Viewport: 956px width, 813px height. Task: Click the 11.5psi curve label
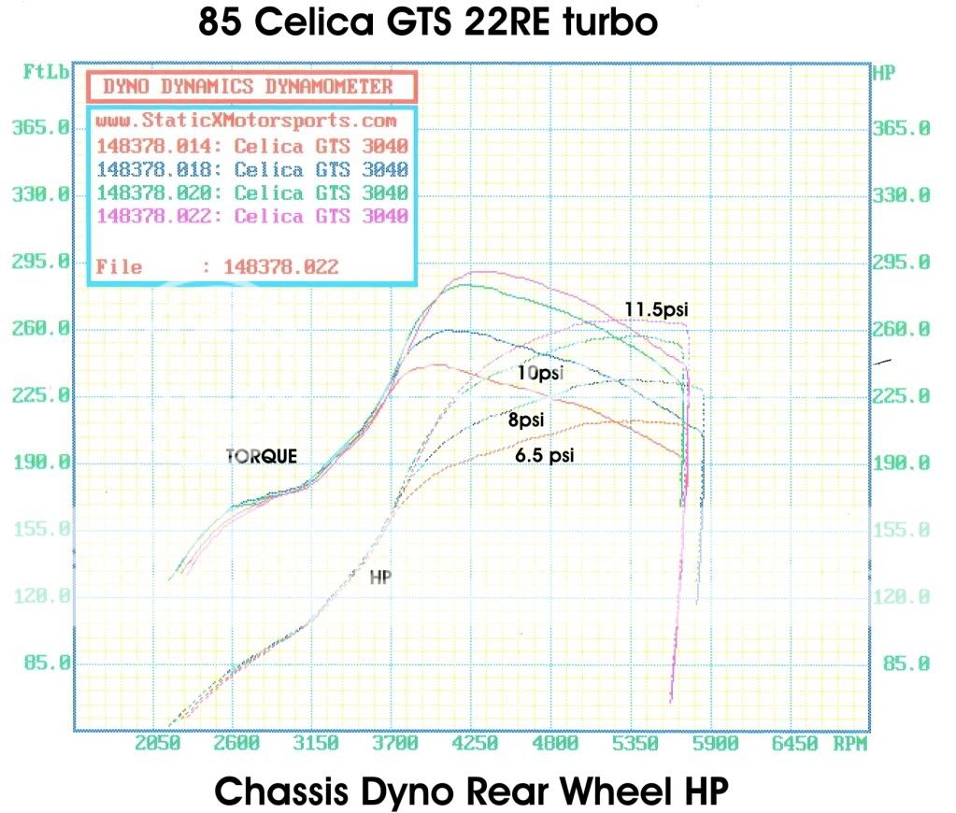coord(663,307)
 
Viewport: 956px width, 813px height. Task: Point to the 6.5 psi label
coord(544,455)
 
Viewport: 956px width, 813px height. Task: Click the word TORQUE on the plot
coord(262,456)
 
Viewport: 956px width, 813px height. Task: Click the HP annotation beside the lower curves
coord(379,578)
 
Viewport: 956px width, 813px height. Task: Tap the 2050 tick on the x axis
coord(157,744)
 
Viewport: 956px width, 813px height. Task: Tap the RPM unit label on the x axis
coord(848,744)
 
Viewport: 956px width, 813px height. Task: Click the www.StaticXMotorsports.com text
coord(246,121)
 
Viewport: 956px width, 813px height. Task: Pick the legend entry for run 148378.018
coord(251,169)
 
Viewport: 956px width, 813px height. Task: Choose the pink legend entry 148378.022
coord(251,216)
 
